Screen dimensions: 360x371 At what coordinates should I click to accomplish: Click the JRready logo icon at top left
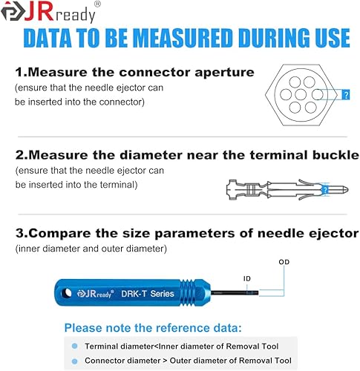point(13,11)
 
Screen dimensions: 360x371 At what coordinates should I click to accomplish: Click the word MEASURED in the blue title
point(184,39)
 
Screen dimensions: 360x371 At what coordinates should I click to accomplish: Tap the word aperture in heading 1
point(224,73)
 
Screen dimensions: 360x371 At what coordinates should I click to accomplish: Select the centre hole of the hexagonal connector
point(301,94)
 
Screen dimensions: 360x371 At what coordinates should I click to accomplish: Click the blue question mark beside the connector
point(346,94)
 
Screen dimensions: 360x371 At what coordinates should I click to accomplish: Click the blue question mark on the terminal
point(325,190)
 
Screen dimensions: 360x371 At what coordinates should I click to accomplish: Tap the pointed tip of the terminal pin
point(348,190)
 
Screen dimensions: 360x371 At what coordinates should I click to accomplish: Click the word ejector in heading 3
point(333,234)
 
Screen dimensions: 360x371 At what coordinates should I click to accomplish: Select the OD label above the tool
point(284,262)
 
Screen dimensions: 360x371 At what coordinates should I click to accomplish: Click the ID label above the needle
point(246,279)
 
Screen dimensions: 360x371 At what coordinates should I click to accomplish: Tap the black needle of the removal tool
point(235,293)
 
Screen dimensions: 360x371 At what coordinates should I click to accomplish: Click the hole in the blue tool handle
point(66,293)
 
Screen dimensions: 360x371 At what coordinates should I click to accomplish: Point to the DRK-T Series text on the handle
point(148,294)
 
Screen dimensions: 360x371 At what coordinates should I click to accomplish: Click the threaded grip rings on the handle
point(189,292)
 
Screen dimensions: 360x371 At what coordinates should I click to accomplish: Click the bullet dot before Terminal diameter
point(74,347)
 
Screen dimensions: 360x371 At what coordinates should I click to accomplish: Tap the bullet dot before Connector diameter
point(74,361)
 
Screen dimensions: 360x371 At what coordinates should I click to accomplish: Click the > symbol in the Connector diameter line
point(165,361)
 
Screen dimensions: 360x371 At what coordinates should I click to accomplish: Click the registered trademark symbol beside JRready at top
point(98,4)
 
